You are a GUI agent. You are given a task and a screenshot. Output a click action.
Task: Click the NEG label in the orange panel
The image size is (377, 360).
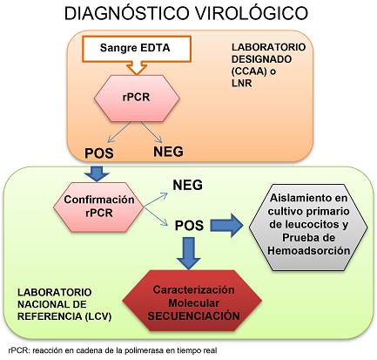click(x=169, y=151)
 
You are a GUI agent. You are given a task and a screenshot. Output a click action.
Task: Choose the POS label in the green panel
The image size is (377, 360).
click(x=188, y=225)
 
